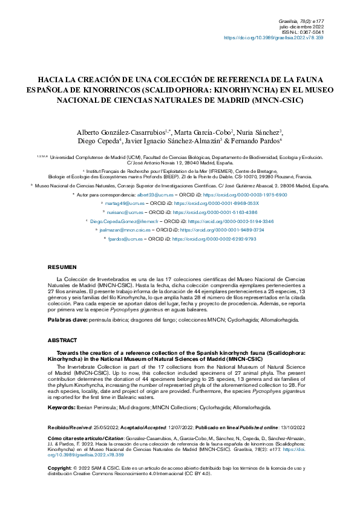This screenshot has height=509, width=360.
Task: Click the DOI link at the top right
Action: [273, 37]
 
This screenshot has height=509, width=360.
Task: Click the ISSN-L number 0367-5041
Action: [311, 31]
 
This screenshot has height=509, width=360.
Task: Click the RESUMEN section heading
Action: [62, 267]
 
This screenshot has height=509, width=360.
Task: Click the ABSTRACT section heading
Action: [63, 340]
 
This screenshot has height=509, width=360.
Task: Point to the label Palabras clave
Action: [67, 319]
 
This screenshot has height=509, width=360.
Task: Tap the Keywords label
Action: [62, 407]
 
